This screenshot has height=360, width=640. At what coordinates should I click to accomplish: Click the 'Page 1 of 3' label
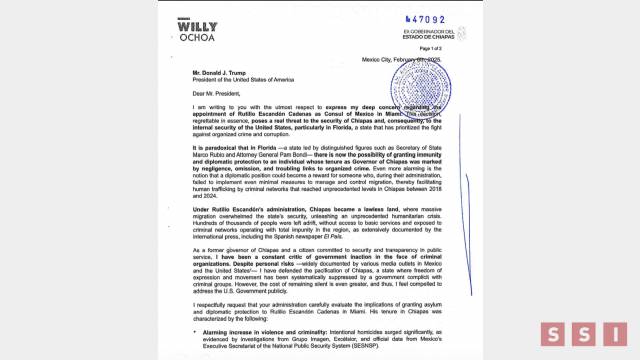(431, 49)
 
